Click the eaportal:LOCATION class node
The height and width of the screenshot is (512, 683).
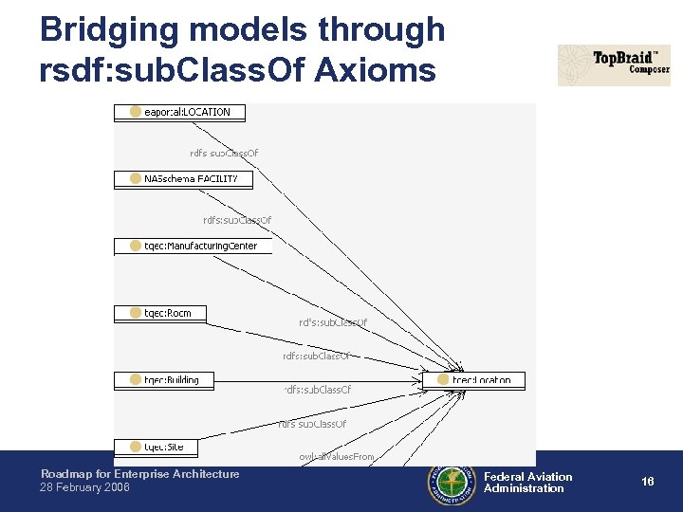point(179,112)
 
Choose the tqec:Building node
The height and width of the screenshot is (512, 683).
point(164,380)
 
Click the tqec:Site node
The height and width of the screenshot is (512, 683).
point(157,446)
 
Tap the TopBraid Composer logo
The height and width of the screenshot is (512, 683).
point(614,65)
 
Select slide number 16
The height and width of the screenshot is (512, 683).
point(647,482)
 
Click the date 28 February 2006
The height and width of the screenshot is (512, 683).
point(85,487)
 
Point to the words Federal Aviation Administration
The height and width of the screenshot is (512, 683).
point(527,483)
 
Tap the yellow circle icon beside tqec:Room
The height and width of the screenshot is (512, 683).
point(136,313)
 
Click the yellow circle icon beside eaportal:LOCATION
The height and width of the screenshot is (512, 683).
point(136,112)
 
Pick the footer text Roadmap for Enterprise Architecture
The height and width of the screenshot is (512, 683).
point(139,474)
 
